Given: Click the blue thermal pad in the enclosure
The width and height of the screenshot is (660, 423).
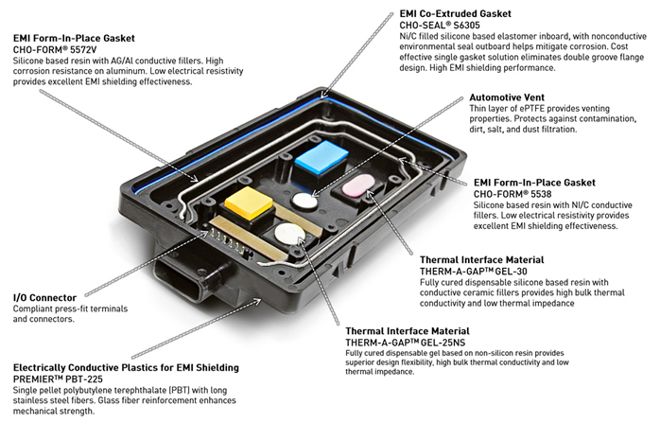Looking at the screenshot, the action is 321,158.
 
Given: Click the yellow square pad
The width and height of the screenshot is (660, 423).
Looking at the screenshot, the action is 249,203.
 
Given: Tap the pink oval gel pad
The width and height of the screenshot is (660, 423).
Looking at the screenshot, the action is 358,185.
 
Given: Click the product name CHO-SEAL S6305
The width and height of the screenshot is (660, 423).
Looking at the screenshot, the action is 440,25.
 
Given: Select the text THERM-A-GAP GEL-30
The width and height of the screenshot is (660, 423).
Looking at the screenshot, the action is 473,271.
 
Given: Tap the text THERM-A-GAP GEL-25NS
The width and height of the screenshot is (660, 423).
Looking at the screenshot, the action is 406,343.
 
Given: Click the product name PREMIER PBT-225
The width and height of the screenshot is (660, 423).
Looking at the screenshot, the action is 58,379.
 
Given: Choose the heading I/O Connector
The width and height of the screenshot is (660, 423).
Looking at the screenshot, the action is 44,298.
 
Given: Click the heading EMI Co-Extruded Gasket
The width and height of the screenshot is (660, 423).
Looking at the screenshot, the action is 456,14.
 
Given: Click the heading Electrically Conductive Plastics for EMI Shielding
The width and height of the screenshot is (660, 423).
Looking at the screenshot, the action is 126,368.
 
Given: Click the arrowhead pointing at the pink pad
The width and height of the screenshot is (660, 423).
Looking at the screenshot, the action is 370,194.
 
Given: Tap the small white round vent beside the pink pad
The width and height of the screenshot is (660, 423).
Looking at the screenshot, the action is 304,201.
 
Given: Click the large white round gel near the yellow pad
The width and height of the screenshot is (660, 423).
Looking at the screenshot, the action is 289,235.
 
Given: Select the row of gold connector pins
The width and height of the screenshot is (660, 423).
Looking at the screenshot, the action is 229,240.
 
